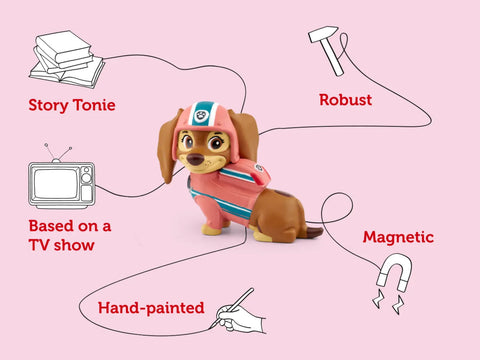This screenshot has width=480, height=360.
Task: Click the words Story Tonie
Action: pyautogui.click(x=72, y=104)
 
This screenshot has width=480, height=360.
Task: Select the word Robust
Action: pyautogui.click(x=345, y=100)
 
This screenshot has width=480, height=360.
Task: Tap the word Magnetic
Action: pyautogui.click(x=398, y=238)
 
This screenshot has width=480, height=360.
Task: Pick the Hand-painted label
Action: pyautogui.click(x=151, y=308)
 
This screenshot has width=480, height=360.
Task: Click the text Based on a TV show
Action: pyautogui.click(x=68, y=235)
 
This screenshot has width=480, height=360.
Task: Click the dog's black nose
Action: pyautogui.click(x=204, y=156)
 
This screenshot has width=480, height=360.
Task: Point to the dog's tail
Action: pyautogui.click(x=312, y=231)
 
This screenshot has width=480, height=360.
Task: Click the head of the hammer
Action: pyautogui.click(x=322, y=38)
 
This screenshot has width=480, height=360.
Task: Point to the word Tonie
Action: pyautogui.click(x=96, y=104)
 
